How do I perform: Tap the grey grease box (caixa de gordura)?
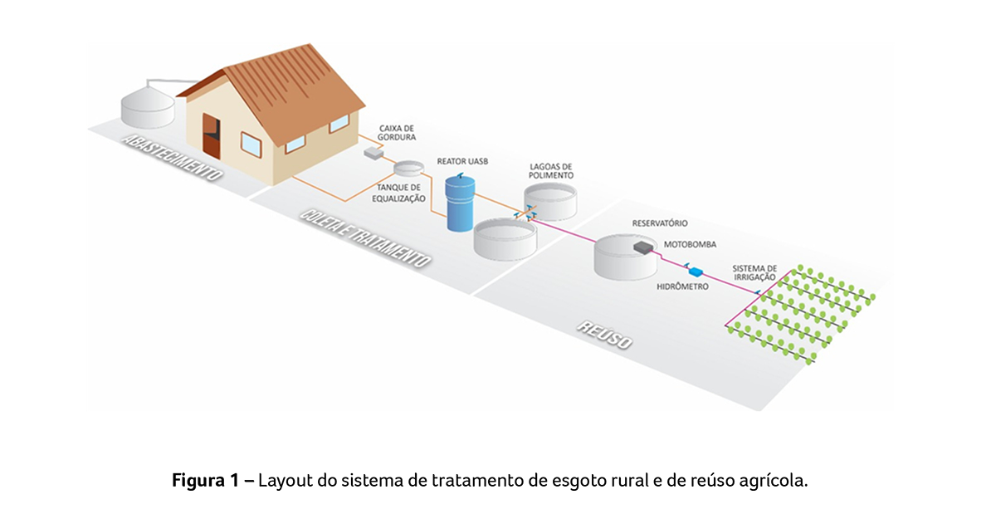[x=373, y=153]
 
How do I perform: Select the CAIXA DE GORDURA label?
[x=397, y=133]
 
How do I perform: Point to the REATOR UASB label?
[x=462, y=161]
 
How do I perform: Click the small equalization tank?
[x=408, y=169]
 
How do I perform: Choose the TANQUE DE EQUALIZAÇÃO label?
[x=399, y=193]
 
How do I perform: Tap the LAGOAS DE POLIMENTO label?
[x=551, y=171]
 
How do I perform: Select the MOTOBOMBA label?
[x=690, y=244]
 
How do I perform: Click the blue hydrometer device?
[x=695, y=271]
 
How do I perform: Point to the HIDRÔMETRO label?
[x=683, y=286]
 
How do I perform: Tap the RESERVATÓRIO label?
[x=660, y=223]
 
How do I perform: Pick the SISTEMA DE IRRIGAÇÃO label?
[x=754, y=273]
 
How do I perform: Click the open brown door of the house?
[x=212, y=136]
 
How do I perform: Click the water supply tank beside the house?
[x=148, y=104]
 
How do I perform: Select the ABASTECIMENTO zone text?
[x=172, y=158]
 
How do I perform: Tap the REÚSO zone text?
[x=605, y=334]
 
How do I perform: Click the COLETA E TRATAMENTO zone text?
[x=365, y=238]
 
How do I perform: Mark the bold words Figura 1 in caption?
[x=206, y=481]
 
